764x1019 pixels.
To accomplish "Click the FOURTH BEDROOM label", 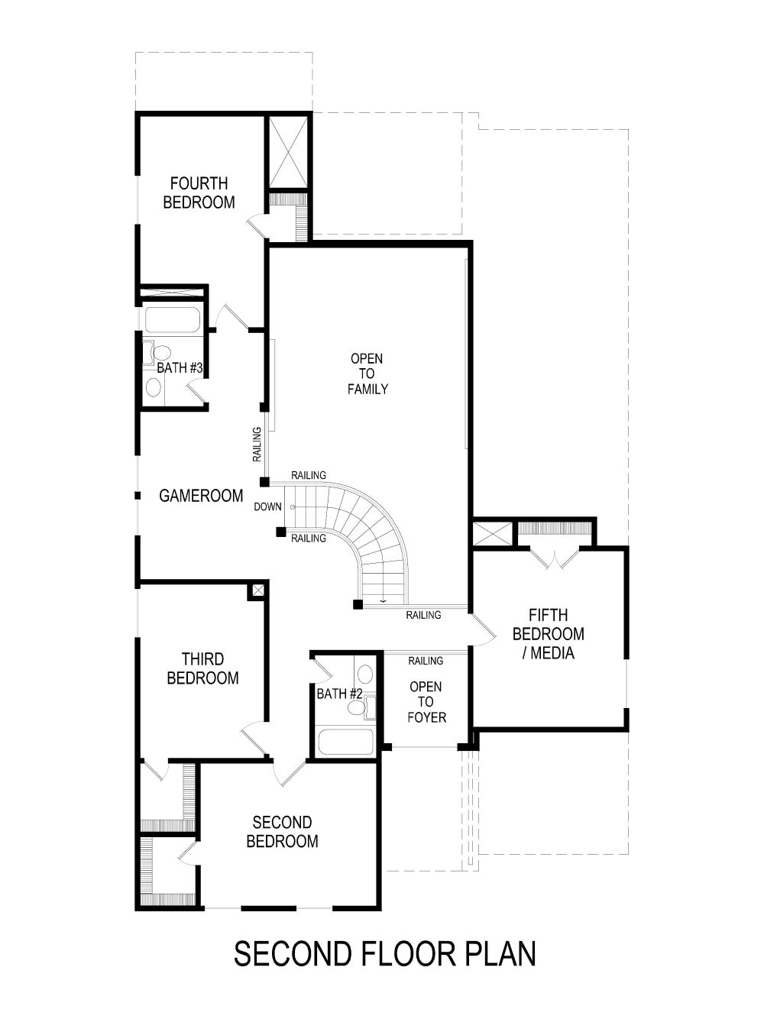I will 199,192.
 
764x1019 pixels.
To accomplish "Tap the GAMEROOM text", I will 201,496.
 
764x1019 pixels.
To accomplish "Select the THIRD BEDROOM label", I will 202,668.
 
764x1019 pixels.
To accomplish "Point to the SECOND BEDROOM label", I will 282,832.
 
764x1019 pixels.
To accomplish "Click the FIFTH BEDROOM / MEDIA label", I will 548,633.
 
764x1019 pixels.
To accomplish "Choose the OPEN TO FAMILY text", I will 367,374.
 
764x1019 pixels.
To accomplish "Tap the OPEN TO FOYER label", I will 426,702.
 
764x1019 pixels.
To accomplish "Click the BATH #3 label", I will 180,368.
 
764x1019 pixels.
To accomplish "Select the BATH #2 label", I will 339,694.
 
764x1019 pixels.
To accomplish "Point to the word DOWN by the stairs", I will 267,506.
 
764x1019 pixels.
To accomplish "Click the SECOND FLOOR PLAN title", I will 384,954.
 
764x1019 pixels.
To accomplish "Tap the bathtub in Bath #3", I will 172,320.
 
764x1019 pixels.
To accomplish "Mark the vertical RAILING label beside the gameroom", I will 257,444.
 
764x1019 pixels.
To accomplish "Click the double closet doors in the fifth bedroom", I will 555,558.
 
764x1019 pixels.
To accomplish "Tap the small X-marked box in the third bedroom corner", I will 257,590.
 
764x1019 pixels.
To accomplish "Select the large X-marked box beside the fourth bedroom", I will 287,152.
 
